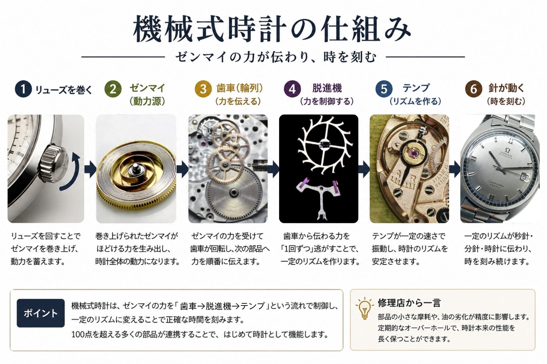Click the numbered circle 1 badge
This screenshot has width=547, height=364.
pos(23,89)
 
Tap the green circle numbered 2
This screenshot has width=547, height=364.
pos(113,89)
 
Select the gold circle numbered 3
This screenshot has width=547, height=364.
pos(203,89)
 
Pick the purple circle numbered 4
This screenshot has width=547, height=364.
pos(292,89)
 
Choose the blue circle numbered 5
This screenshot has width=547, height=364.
pos(384,89)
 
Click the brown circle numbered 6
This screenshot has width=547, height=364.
pos(474,89)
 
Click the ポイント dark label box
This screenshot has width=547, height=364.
pos(41,313)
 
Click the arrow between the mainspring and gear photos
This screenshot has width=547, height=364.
pos(182,169)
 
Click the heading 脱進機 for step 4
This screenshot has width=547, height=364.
pos(327,88)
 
